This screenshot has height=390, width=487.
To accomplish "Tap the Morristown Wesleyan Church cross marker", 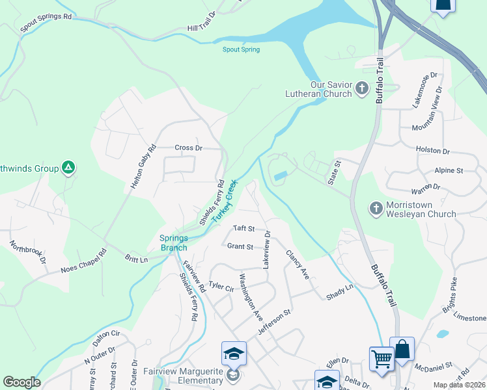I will tap(376, 209).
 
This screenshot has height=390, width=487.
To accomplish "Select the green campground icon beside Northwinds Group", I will tap(68, 168).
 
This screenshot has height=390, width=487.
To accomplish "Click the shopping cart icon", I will tap(381, 358).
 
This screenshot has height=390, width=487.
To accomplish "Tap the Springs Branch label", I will tap(174, 242).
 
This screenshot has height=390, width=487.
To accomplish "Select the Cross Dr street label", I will tap(189, 148).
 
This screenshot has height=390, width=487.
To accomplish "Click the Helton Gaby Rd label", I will tap(144, 166).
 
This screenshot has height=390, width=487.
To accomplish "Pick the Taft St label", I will tap(244, 229).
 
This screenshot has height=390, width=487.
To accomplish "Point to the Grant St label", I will tap(240, 246).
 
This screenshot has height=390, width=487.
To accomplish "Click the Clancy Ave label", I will tap(296, 265).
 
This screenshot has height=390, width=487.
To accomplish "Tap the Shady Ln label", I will tap(339, 287).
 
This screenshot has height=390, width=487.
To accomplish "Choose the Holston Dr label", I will tap(433, 151).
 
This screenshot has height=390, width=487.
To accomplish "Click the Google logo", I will tap(21, 382).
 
